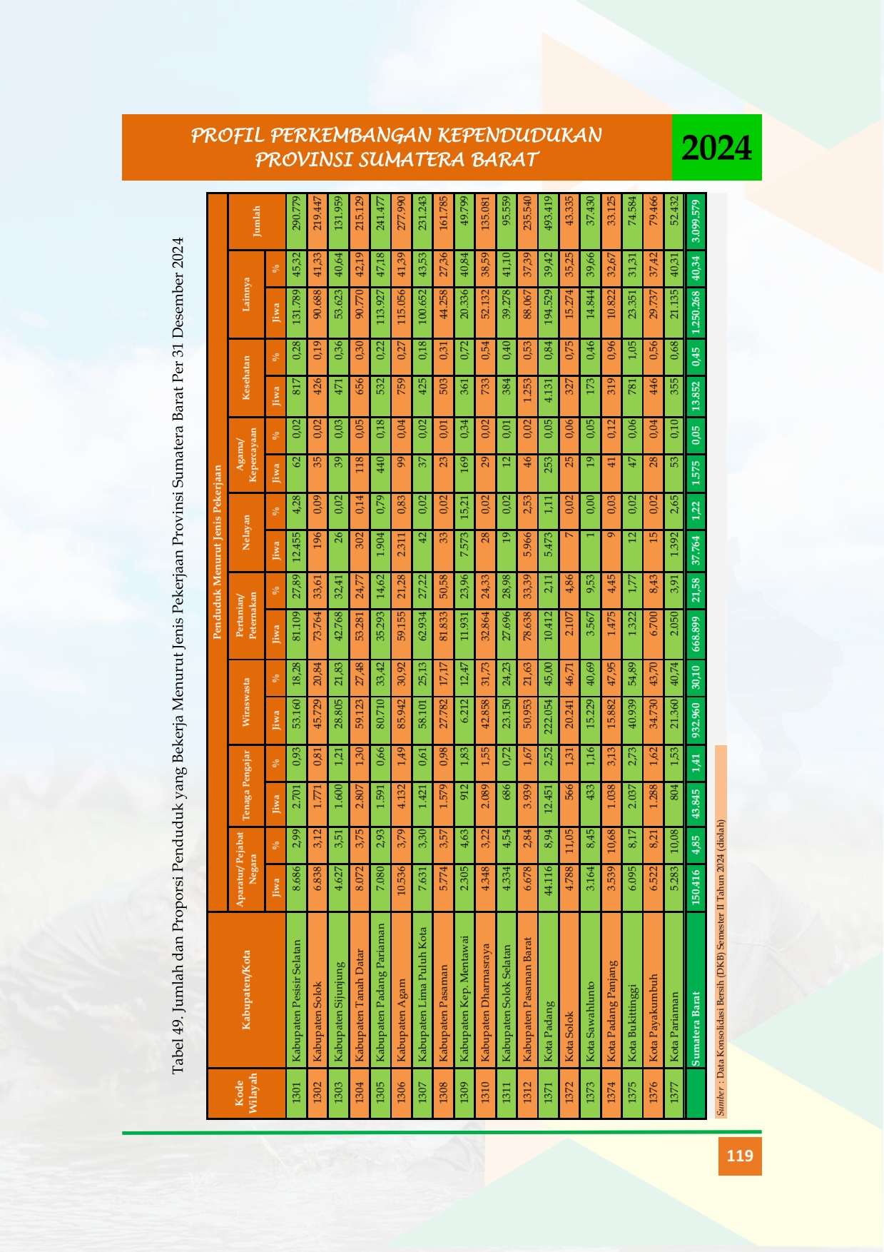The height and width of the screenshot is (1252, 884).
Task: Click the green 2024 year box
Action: (716, 147)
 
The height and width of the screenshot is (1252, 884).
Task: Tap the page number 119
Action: (740, 1155)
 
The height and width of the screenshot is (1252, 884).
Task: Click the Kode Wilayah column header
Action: (245, 1092)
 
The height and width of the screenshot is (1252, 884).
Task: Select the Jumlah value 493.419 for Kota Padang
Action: (549, 217)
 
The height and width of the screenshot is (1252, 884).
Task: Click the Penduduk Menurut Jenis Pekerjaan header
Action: (218, 553)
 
